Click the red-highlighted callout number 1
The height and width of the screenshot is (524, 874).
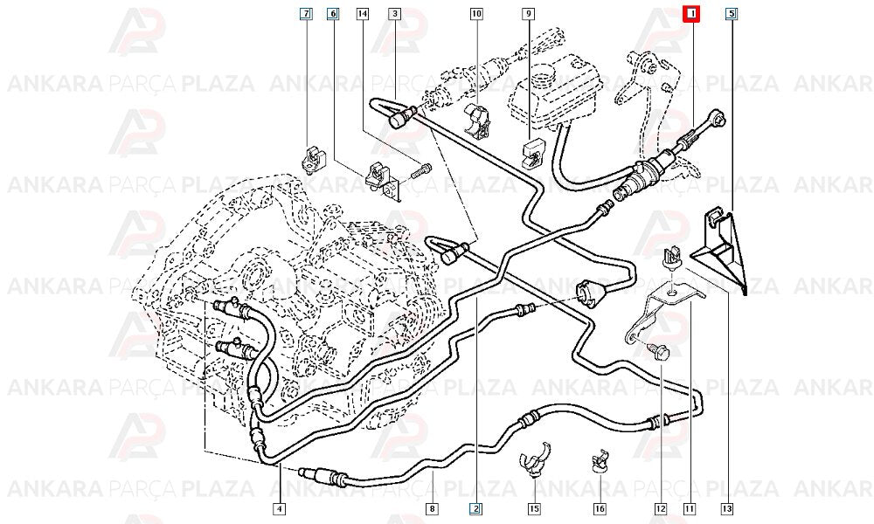(x=691, y=13)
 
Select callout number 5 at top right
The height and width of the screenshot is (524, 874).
(x=732, y=13)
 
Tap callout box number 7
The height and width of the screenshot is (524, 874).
(x=306, y=13)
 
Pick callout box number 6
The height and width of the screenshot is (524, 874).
(x=333, y=13)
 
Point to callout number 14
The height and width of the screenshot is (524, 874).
(x=363, y=13)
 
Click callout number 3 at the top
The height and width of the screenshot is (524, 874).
(x=395, y=13)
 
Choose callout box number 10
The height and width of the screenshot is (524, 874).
(x=476, y=13)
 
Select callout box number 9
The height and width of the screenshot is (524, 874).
(x=528, y=13)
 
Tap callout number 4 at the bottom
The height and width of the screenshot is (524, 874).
(x=280, y=508)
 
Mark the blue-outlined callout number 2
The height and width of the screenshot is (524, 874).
(x=475, y=508)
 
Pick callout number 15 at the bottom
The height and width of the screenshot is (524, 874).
(x=534, y=508)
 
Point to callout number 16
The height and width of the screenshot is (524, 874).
(x=600, y=508)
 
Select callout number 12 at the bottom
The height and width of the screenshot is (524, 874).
(x=661, y=508)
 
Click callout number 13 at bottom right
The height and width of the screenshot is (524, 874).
(x=727, y=508)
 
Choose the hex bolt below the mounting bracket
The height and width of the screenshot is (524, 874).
(x=658, y=352)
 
